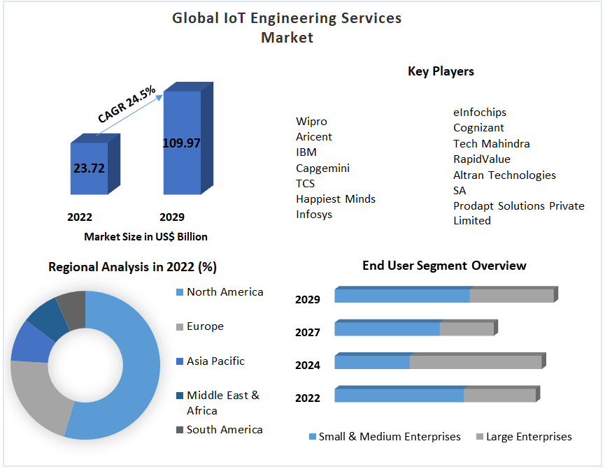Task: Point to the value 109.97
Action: coord(181,143)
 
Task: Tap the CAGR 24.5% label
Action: coord(127,105)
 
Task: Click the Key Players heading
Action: coord(441,71)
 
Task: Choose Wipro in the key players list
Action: coord(311,122)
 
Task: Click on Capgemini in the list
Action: coord(322,168)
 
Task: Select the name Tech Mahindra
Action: coord(491,143)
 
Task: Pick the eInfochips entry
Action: coord(479,113)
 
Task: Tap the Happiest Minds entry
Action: coord(335,199)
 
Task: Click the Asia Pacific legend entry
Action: coord(215,361)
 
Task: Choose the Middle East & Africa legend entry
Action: coord(222,403)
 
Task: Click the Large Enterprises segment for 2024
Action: coord(475,362)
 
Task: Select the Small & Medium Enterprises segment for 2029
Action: coord(401,296)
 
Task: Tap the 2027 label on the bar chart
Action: coord(308,332)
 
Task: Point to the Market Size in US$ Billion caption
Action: coord(145,237)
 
